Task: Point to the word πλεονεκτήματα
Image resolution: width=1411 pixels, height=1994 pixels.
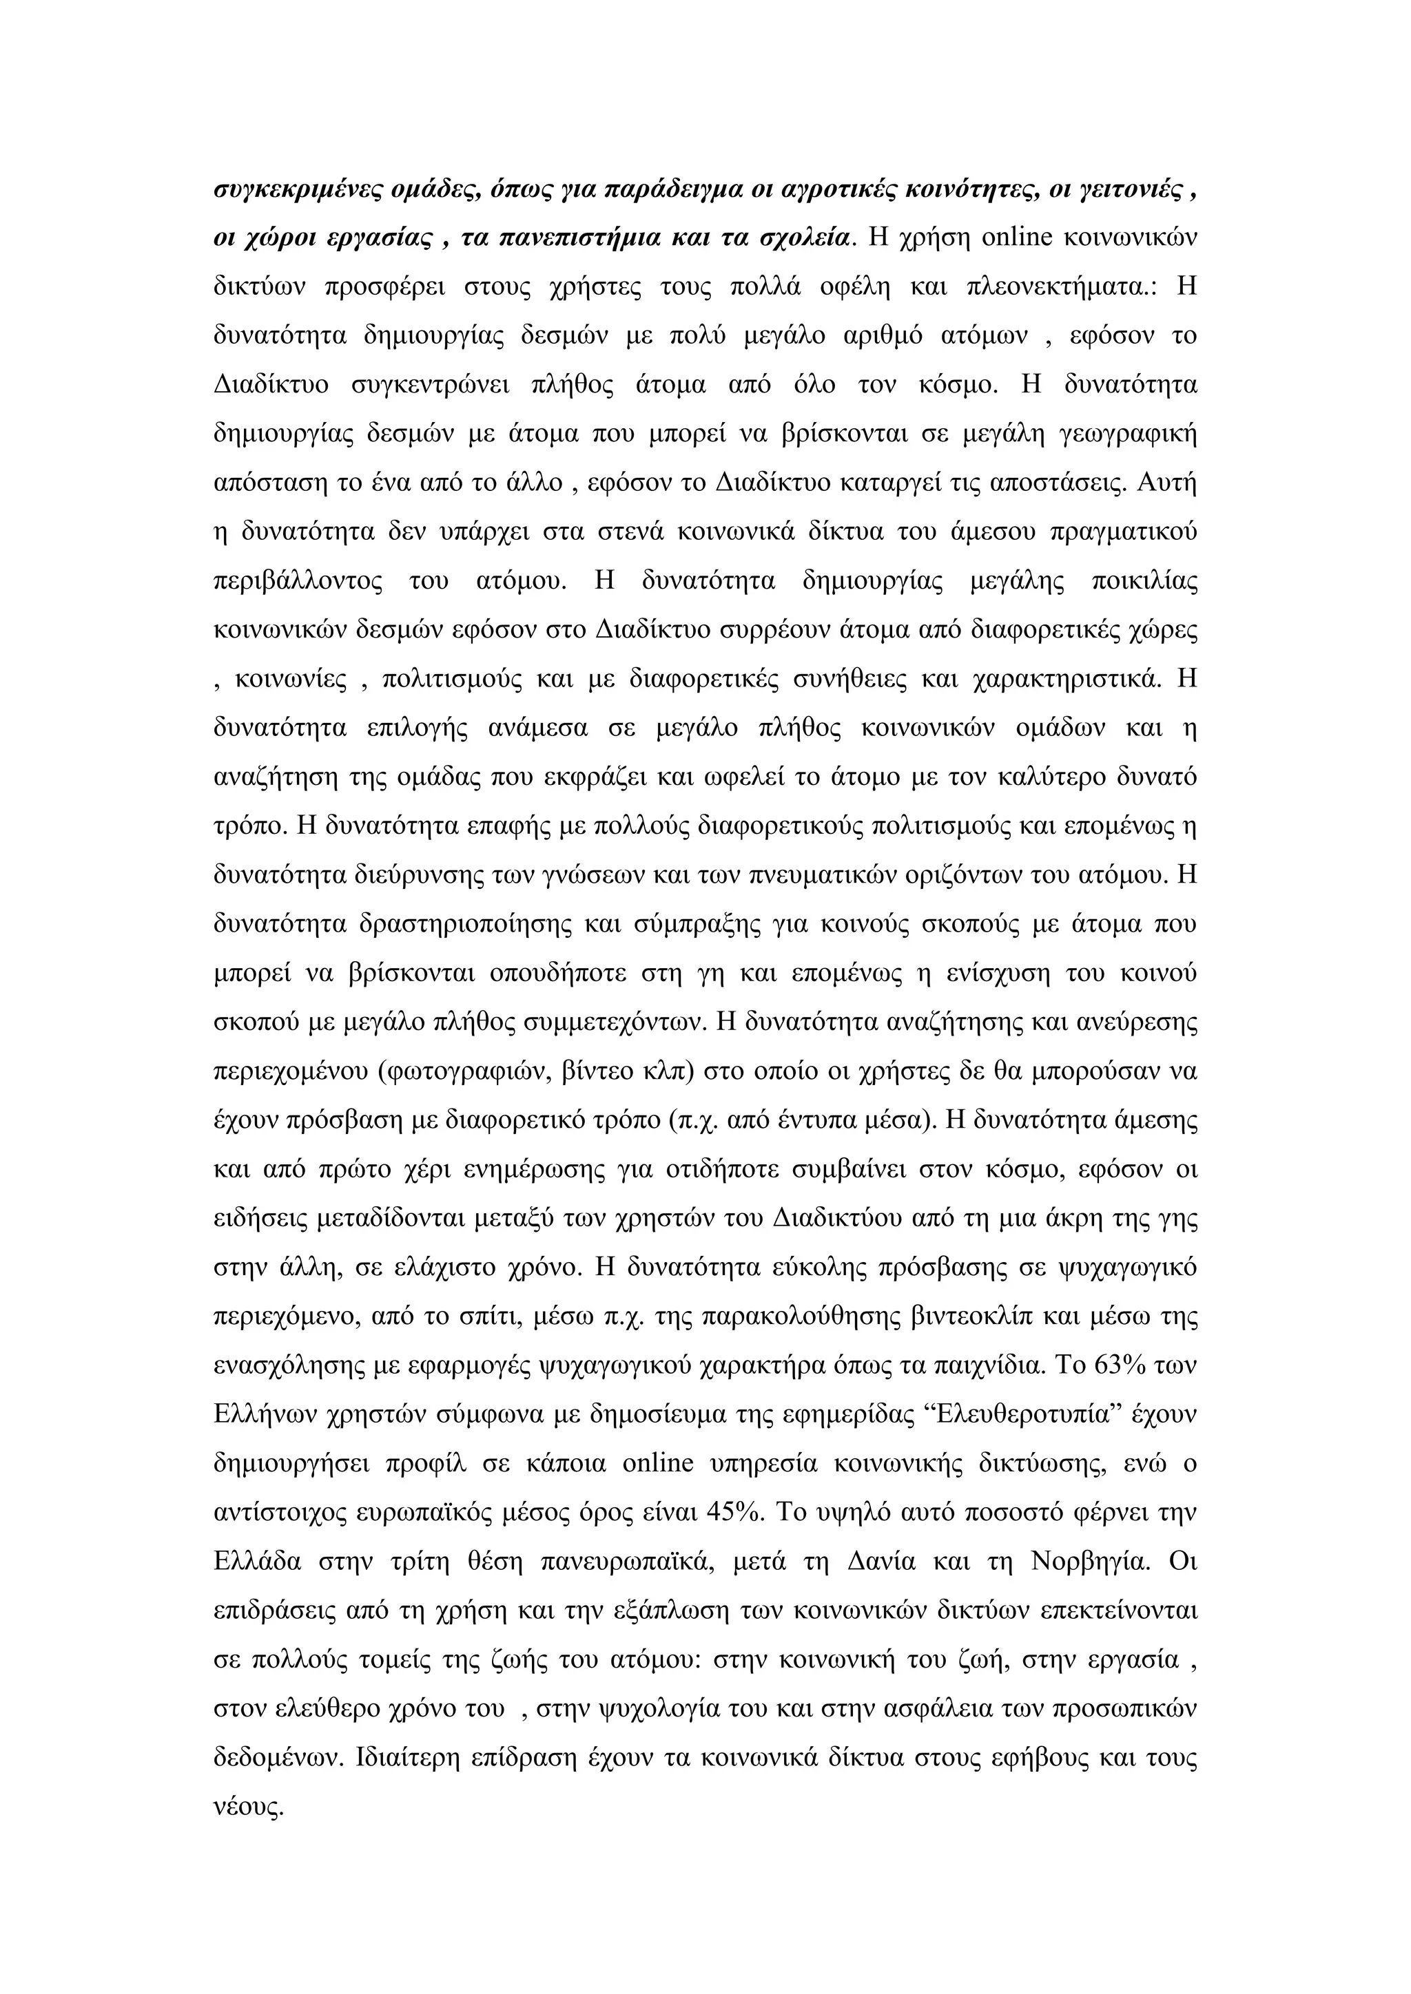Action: pos(1059,286)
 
